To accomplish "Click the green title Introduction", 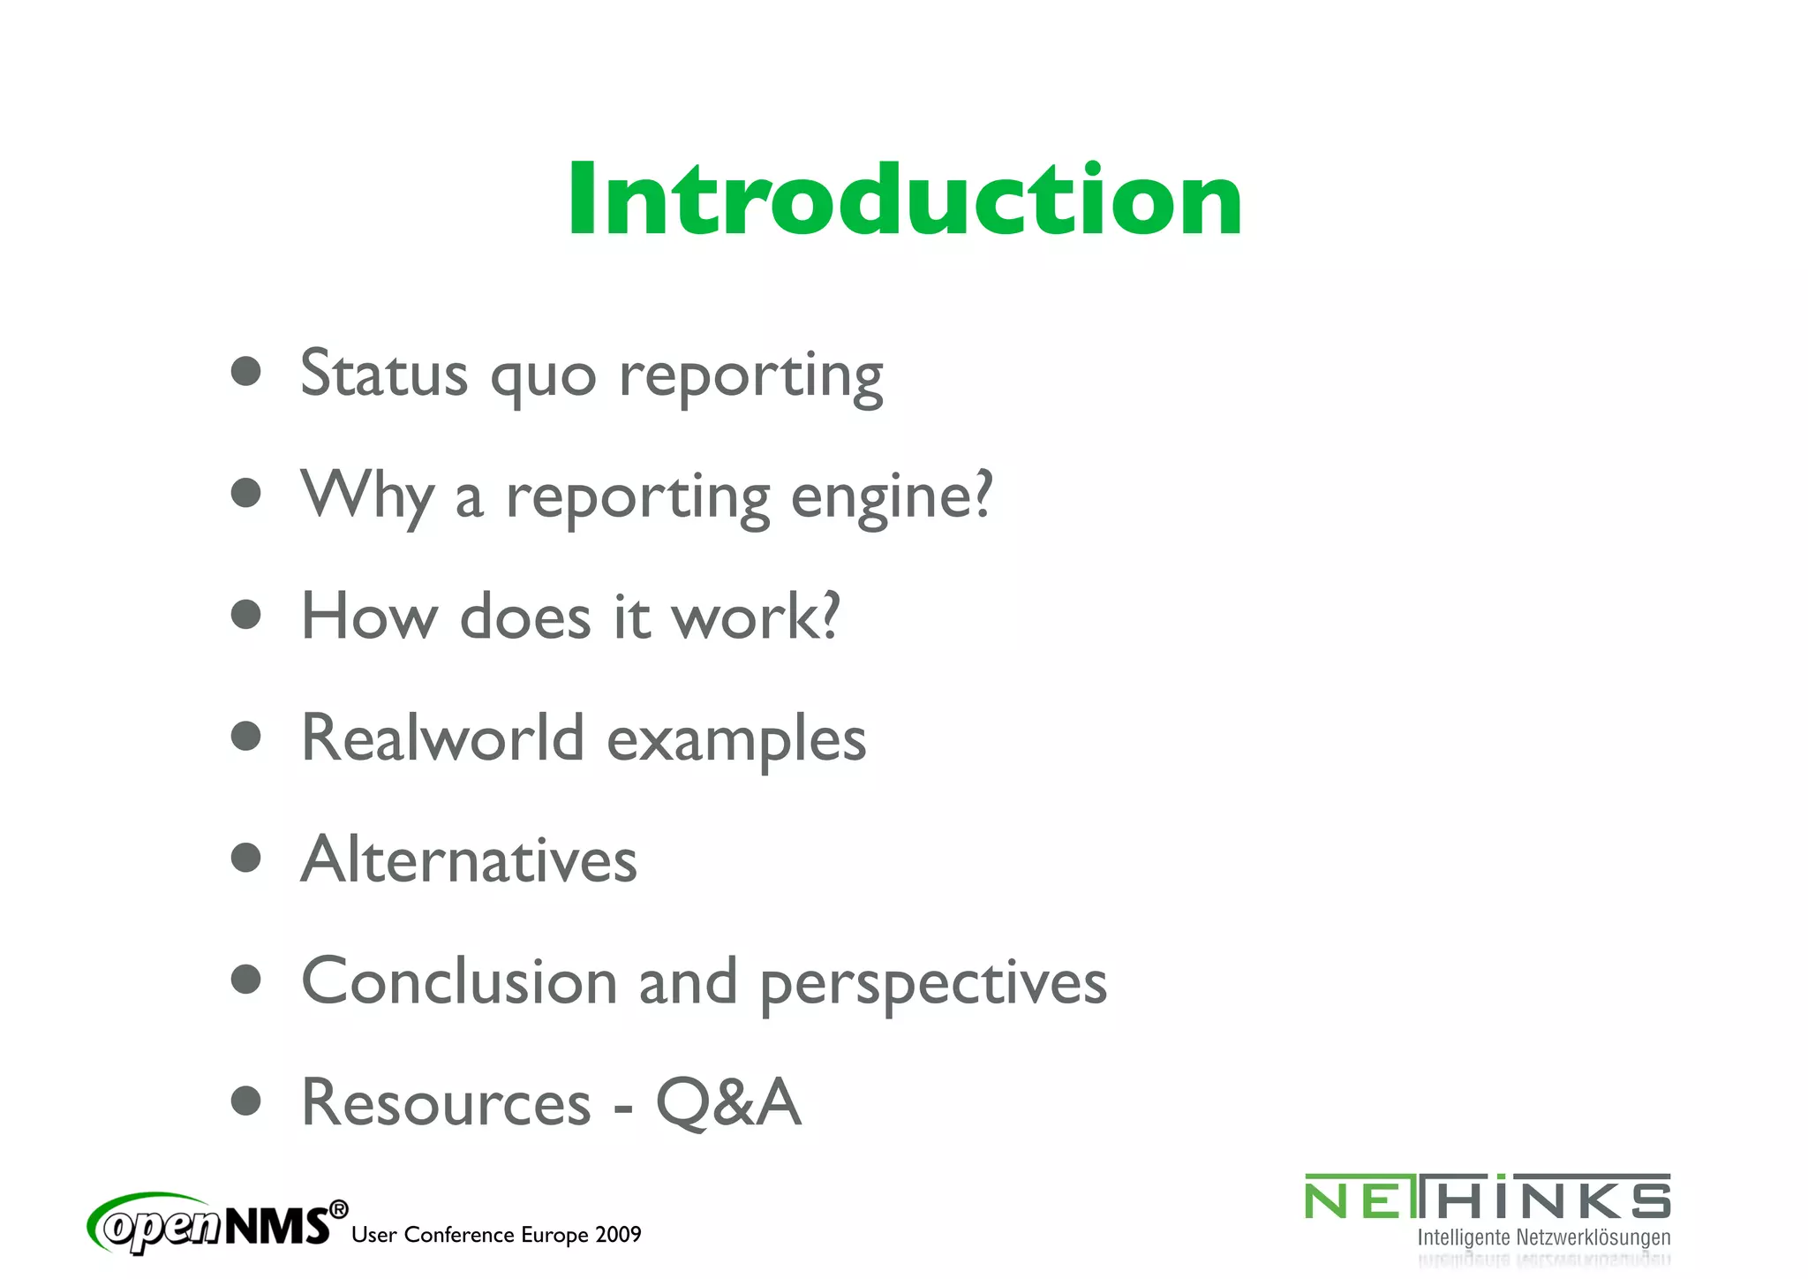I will pyautogui.click(x=904, y=200).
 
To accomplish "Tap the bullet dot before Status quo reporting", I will pyautogui.click(x=246, y=372).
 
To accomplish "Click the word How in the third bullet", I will pyautogui.click(x=369, y=617).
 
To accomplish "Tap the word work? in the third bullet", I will pyautogui.click(x=756, y=617).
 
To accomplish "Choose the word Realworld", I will pyautogui.click(x=442, y=738).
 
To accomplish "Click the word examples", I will pyautogui.click(x=736, y=740).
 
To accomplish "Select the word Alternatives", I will pyautogui.click(x=469, y=859).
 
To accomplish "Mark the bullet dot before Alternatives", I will pyautogui.click(x=246, y=858).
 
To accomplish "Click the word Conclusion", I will pyautogui.click(x=459, y=981).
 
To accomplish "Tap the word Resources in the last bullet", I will pyautogui.click(x=446, y=1103).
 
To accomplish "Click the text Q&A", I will pyautogui.click(x=728, y=1103).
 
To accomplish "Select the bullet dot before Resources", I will pyautogui.click(x=246, y=1101).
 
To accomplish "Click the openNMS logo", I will pyautogui.click(x=217, y=1224).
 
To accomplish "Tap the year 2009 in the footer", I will pyautogui.click(x=618, y=1235).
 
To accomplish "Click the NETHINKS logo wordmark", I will pyautogui.click(x=1488, y=1198).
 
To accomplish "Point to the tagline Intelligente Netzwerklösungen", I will pyautogui.click(x=1543, y=1237).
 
